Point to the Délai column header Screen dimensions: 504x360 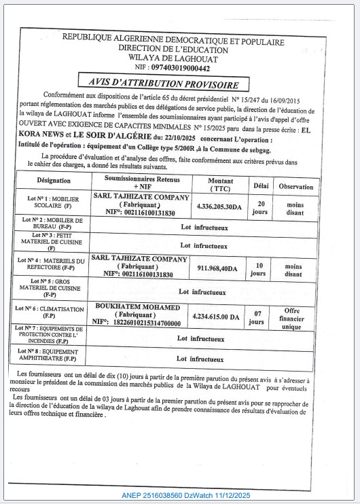(x=261, y=185)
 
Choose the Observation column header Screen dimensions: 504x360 (x=295, y=186)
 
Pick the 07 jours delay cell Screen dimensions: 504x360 (x=257, y=317)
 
